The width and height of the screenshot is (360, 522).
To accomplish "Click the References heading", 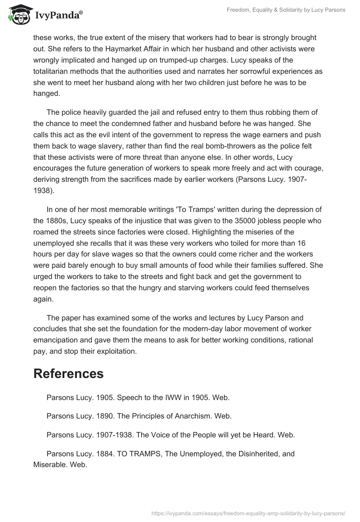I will [68, 373].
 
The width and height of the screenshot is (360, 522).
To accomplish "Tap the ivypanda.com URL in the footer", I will [249, 513].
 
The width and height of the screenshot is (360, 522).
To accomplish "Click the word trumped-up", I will [195, 60].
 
